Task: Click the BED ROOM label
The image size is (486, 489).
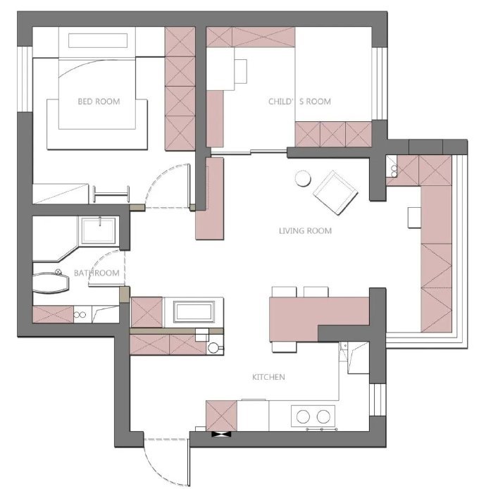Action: pos(99,101)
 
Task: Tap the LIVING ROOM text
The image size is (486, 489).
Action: pos(305,231)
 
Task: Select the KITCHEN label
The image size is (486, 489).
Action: pos(268,377)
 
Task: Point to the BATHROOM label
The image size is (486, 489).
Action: pos(96,273)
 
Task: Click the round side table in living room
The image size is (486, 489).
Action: pos(303,179)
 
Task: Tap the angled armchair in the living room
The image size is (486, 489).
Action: pos(335,193)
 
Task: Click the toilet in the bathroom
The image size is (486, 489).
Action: pos(51,283)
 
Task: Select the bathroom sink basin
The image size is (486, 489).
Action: pos(99,230)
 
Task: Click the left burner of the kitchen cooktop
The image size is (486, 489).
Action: pos(303,416)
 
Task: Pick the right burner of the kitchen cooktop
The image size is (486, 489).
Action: pos(323,416)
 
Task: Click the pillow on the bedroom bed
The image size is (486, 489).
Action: pos(98,41)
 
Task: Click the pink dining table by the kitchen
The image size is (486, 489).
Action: pos(319,318)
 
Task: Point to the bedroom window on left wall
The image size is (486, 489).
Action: pos(25,79)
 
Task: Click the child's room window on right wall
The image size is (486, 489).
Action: pos(379,84)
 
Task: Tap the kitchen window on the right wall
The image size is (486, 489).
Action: pos(378,400)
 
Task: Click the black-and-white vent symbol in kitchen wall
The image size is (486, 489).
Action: pos(221,434)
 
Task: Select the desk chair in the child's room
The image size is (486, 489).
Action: pos(241,71)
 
